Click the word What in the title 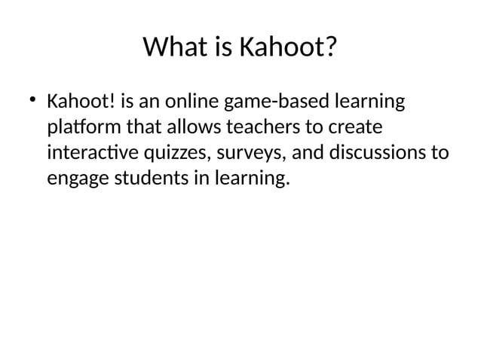coord(172,49)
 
